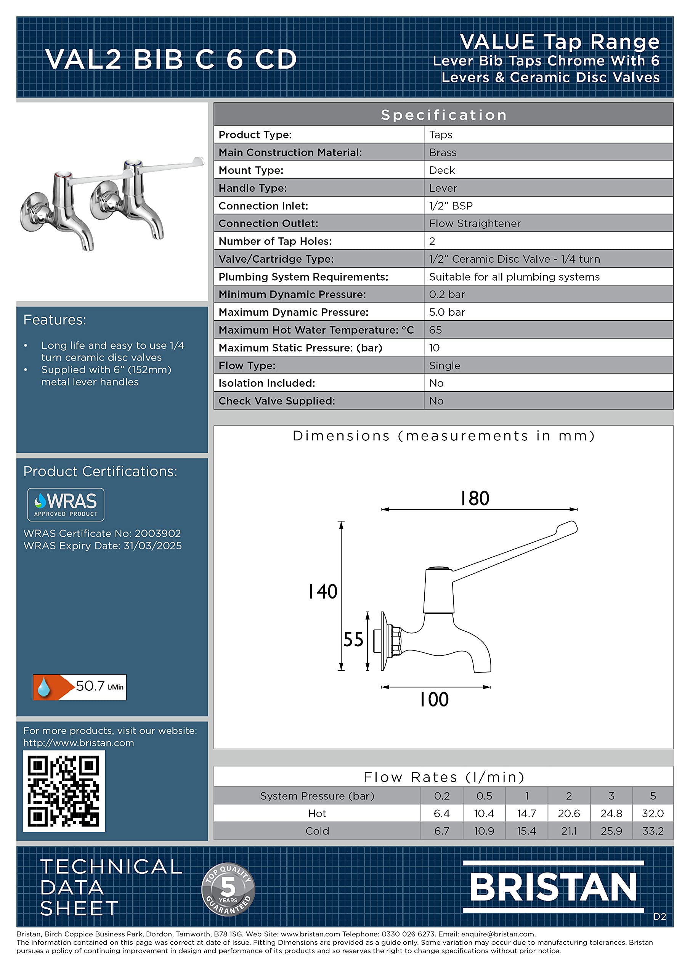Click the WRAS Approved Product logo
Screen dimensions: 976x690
tap(66, 504)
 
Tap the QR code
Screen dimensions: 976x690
tap(64, 790)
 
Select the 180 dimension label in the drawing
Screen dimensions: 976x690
tap(475, 498)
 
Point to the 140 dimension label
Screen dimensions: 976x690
tap(323, 591)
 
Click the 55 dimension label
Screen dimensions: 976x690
tap(353, 639)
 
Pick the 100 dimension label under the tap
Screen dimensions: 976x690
tap(434, 699)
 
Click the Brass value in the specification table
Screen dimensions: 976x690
tap(443, 152)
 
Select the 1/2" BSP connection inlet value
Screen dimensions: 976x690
tap(451, 206)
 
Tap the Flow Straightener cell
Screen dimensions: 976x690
tap(475, 223)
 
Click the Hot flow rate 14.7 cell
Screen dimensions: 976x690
tap(526, 813)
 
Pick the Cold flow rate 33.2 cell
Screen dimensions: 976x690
tap(653, 831)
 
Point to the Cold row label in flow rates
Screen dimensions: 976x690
tap(317, 831)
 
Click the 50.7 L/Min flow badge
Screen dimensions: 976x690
tap(80, 687)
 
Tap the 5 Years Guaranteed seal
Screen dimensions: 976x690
tap(228, 889)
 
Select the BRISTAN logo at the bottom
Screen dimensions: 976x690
tap(553, 887)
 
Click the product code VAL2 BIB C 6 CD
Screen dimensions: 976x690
tap(171, 59)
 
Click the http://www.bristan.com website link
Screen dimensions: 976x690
tap(79, 743)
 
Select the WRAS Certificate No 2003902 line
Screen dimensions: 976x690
tap(102, 533)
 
